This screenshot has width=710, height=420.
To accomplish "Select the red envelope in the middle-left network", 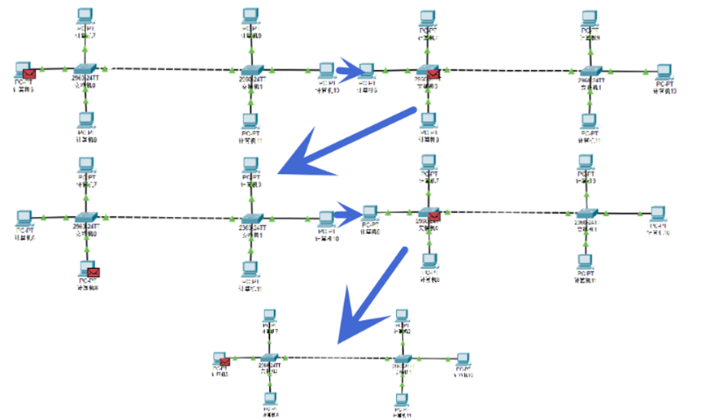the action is [93, 272].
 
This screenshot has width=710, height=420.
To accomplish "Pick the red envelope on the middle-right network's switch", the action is [434, 216].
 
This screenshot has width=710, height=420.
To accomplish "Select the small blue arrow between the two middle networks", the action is [348, 216].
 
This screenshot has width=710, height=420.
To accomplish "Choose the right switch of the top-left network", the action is [250, 71].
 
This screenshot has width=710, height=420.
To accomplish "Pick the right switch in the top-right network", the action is [591, 71].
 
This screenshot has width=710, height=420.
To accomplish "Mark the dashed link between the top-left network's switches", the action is [167, 70].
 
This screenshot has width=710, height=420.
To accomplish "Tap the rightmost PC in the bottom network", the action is [464, 360].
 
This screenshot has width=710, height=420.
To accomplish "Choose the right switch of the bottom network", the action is [403, 359].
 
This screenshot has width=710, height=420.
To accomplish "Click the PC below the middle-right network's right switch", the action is [583, 263].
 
